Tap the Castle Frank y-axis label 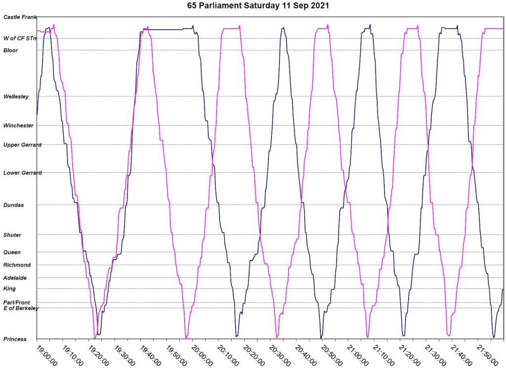point(19,17)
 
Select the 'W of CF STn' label point(20,38)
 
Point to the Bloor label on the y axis point(11,50)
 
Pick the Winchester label point(18,126)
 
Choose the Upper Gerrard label point(22,145)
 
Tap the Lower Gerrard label point(22,173)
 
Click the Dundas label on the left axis point(13,205)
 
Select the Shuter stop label point(12,235)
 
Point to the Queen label point(12,252)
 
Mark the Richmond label point(17,265)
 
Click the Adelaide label point(15,278)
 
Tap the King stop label point(9,288)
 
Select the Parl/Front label point(17,302)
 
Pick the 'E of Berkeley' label point(21,308)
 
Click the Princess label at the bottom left point(15,339)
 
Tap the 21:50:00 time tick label point(485,355)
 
